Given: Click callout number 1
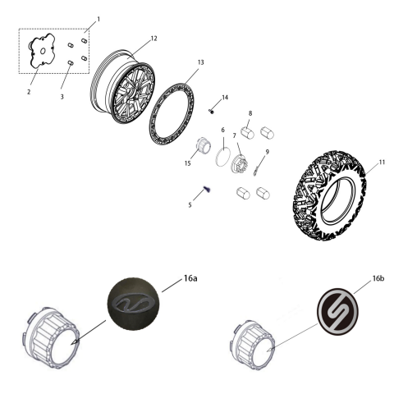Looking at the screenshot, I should point(98,18).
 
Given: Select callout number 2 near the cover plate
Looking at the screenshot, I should point(28,92).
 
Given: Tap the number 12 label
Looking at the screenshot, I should point(153,39).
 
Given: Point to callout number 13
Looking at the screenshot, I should point(201,62).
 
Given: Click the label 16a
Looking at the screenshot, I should point(190,279).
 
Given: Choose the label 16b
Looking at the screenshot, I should point(378,279).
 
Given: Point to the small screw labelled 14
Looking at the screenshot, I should point(212,112).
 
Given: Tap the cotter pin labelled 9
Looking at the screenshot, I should point(258,170).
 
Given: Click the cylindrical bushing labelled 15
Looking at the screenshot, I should point(200,151).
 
